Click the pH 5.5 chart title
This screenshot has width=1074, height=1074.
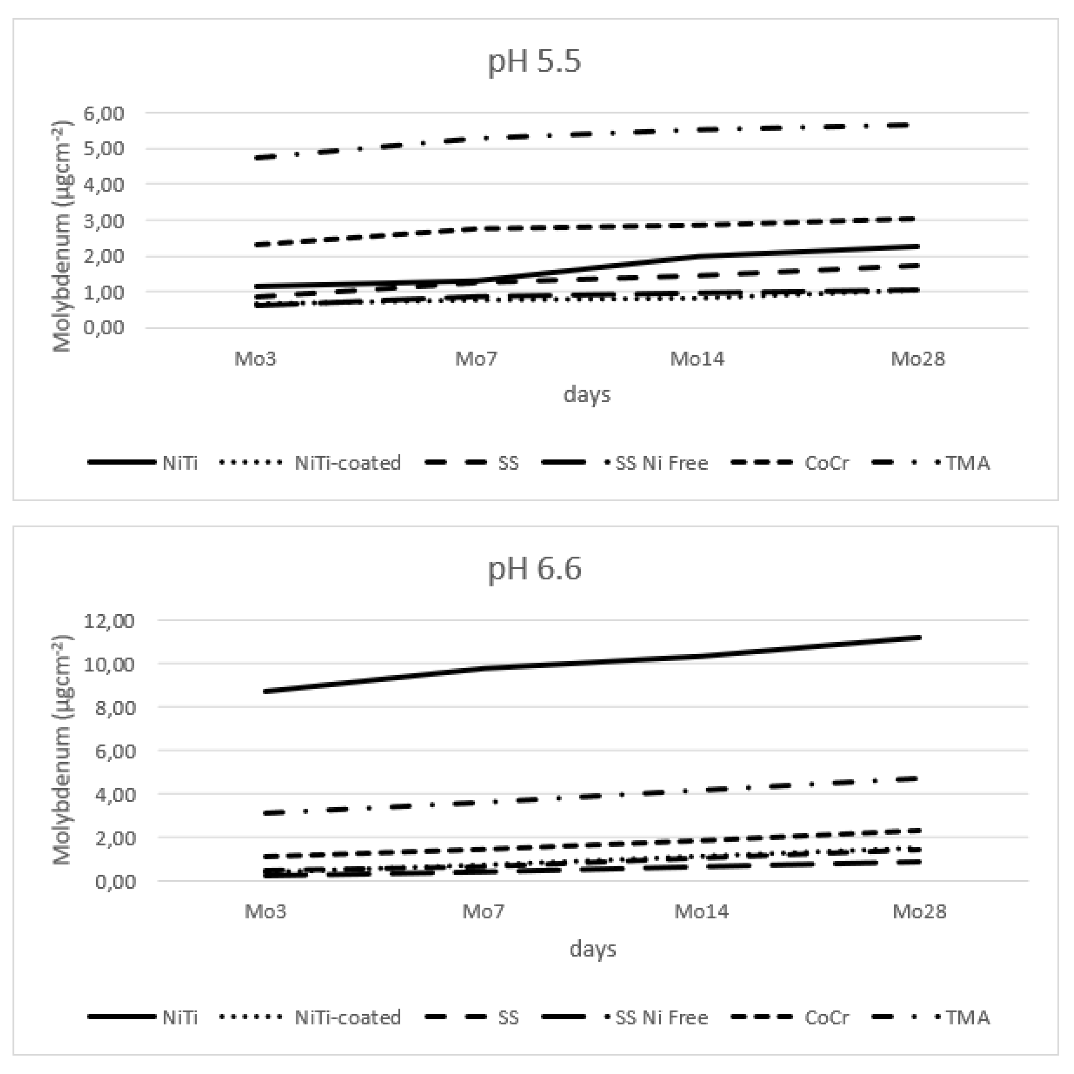point(534,61)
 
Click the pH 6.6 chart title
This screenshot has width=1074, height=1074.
point(534,569)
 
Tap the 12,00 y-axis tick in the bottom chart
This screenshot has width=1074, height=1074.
point(109,621)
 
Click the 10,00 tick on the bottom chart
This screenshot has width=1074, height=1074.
point(109,664)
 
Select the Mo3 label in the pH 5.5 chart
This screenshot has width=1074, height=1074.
point(255,359)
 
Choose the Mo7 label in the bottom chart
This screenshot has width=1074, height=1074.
point(484,912)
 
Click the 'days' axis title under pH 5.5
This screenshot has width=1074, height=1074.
point(587,395)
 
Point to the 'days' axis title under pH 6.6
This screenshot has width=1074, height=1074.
point(593,948)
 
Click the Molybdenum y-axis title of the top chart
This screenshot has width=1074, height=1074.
point(62,236)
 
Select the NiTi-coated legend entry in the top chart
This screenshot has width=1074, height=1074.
point(347,463)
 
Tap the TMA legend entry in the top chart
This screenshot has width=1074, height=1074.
point(967,463)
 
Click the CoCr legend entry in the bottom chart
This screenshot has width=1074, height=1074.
point(826,1017)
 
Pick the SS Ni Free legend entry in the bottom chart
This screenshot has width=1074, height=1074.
point(662,1017)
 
